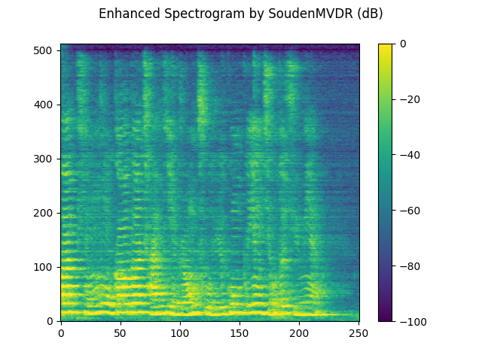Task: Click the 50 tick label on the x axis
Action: pos(120,332)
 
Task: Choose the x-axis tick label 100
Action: pos(180,332)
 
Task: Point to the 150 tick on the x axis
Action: pos(239,332)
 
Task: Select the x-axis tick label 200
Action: pos(299,332)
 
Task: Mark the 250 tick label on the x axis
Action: pos(358,332)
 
